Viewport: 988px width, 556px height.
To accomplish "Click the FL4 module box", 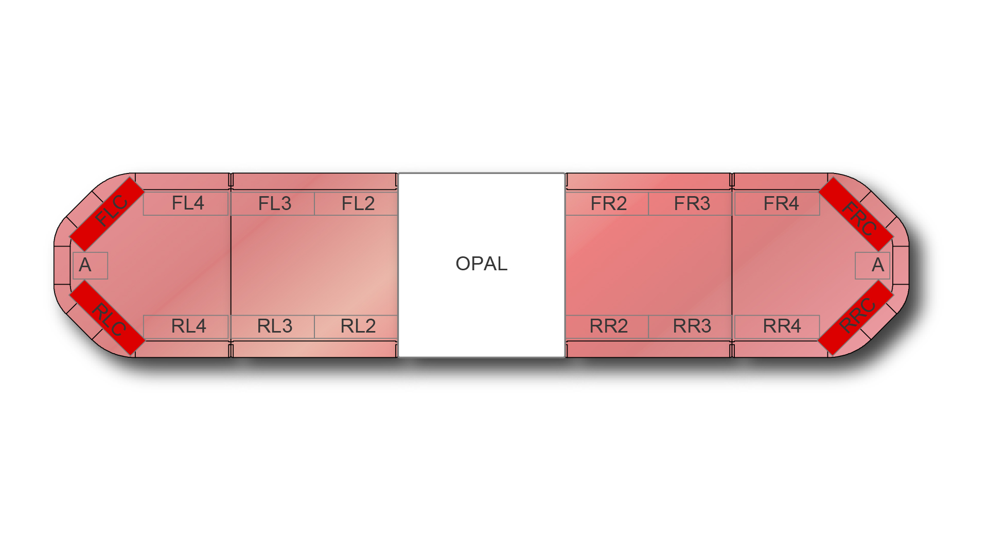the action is point(186,203).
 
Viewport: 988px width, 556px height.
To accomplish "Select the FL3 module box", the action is point(273,203).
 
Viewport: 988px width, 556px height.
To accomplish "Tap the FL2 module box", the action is point(356,203).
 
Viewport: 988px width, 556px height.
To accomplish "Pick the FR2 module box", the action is point(607,203).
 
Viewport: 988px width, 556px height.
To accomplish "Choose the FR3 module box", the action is point(690,203).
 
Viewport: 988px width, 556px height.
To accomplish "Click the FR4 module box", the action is point(777,203).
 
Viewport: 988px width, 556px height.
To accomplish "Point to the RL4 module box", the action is point(186,326).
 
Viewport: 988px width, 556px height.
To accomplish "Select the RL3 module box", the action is point(273,326).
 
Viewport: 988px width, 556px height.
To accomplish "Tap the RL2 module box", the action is point(356,326).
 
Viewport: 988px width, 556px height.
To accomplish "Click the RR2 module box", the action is point(607,326).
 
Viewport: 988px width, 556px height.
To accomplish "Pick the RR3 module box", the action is point(690,326).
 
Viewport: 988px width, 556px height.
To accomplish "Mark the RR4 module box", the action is point(777,326).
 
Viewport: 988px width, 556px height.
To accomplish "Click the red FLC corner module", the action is point(107,214).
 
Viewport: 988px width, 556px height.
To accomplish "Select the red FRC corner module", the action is point(856,214).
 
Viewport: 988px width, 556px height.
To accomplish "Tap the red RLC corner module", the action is point(107,318).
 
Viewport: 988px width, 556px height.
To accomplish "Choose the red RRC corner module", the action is point(855,318).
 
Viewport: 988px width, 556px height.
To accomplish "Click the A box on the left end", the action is point(90,266).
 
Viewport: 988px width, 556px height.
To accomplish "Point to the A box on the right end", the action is point(873,266).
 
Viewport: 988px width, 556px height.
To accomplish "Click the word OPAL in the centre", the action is point(482,264).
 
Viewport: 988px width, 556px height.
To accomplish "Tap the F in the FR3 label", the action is point(679,203).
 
